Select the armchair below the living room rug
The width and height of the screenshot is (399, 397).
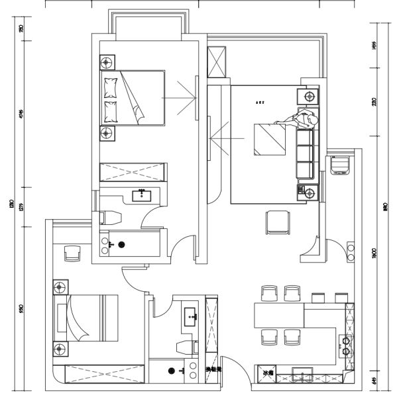pos(278,222)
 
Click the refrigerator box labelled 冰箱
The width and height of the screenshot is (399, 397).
pos(266,375)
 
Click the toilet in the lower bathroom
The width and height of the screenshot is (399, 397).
pos(184,347)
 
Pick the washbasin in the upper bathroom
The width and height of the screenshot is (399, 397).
pos(142,195)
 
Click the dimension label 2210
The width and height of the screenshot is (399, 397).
pos(374,102)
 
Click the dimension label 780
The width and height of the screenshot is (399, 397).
pos(21,29)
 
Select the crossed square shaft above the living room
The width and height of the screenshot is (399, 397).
pos(217,63)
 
